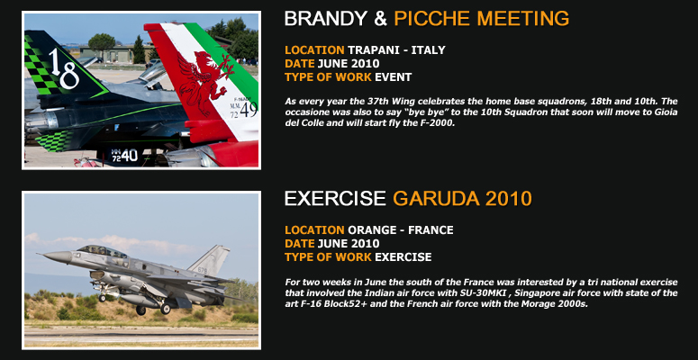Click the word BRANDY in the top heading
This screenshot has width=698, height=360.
[326, 19]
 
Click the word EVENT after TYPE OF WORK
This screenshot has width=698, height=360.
[393, 77]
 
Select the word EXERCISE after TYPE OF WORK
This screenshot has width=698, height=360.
[403, 257]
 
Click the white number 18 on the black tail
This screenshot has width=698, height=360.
[63, 69]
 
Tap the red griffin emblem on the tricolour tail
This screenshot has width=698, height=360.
[203, 82]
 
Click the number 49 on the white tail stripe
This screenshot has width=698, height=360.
[249, 110]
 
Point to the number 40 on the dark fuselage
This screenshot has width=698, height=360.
[130, 156]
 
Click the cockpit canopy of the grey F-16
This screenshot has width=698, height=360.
[102, 250]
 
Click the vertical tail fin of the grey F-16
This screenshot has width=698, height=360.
[211, 260]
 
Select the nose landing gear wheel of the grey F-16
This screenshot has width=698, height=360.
[103, 298]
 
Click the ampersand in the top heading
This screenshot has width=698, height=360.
[381, 19]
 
